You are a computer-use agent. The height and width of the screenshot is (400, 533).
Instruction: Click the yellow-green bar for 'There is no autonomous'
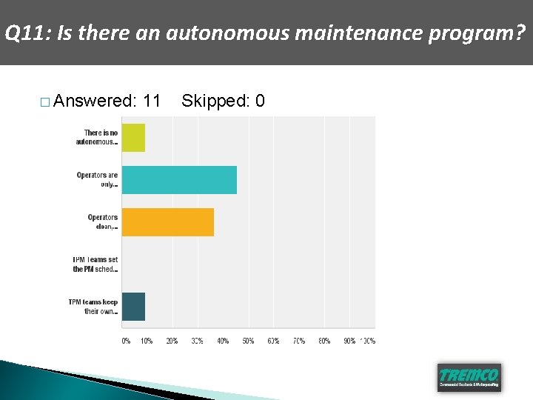coord(133,138)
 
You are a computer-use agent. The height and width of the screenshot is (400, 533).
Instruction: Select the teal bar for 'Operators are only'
coord(179,180)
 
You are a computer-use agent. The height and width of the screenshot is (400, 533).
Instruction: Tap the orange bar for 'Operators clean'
coord(167,222)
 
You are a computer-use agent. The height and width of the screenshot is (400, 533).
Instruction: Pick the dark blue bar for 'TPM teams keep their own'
coord(133,307)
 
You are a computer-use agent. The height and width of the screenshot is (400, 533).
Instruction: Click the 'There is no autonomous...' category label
coord(96,138)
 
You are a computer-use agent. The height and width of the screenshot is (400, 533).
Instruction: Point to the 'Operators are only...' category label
coord(97,180)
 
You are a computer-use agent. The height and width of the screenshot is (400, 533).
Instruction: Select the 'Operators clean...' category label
coord(102,222)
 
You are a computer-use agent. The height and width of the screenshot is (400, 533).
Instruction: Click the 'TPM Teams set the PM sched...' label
coord(95,264)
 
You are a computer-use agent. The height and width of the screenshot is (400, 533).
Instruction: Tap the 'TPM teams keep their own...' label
coord(93,307)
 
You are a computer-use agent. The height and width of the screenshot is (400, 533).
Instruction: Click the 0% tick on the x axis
coord(126,341)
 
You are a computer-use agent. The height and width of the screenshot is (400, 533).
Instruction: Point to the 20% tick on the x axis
coord(172,341)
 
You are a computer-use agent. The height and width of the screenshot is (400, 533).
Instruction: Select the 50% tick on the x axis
coord(248,341)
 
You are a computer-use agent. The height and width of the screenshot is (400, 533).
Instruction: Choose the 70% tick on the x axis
coord(299,341)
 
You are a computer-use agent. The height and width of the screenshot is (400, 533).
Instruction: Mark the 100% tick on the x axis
coord(367,341)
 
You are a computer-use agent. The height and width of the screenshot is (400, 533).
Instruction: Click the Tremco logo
coord(469,376)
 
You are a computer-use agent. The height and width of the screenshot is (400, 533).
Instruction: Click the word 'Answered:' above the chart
coord(95,101)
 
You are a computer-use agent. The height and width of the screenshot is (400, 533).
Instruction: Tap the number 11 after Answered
coord(152,101)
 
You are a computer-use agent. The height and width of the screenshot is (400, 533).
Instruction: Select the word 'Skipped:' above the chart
coord(215,101)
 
